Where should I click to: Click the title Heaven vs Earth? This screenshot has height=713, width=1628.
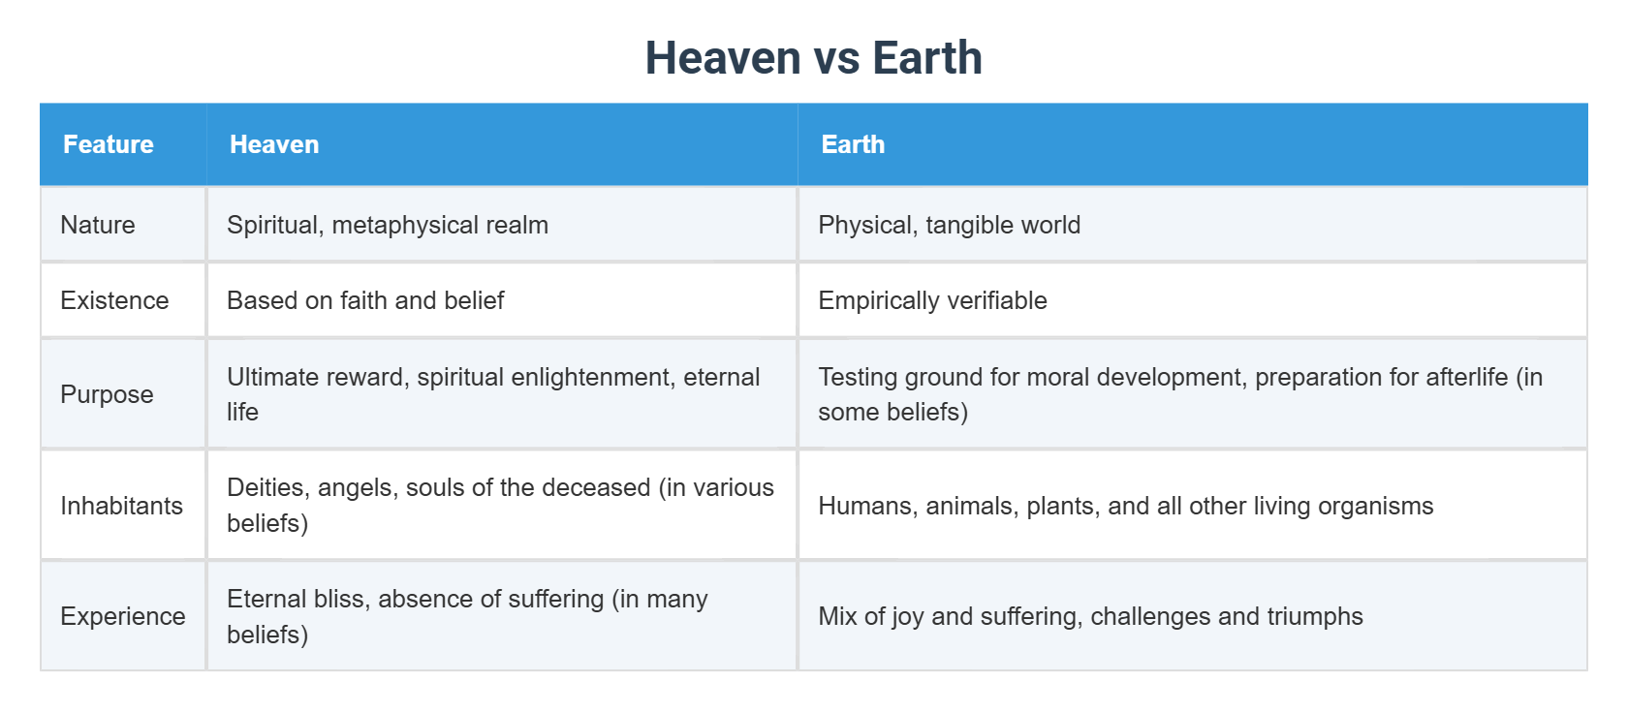(813, 58)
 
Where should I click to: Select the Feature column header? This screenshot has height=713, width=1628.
(109, 144)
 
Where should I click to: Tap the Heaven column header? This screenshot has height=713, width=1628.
(274, 144)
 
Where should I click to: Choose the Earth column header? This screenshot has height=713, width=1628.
(853, 144)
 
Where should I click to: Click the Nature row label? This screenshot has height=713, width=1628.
(98, 225)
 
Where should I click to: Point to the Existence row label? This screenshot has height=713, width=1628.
(114, 300)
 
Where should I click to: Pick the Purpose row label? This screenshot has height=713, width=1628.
(107, 394)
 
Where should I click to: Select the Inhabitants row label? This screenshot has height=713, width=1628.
(121, 506)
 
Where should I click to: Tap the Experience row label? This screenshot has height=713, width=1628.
(122, 616)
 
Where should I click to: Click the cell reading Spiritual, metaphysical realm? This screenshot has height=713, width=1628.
(388, 225)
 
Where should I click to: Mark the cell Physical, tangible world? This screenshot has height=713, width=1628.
(949, 225)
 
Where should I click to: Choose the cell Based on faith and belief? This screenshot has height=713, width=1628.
(365, 300)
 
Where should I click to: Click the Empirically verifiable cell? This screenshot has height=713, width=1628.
(932, 300)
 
